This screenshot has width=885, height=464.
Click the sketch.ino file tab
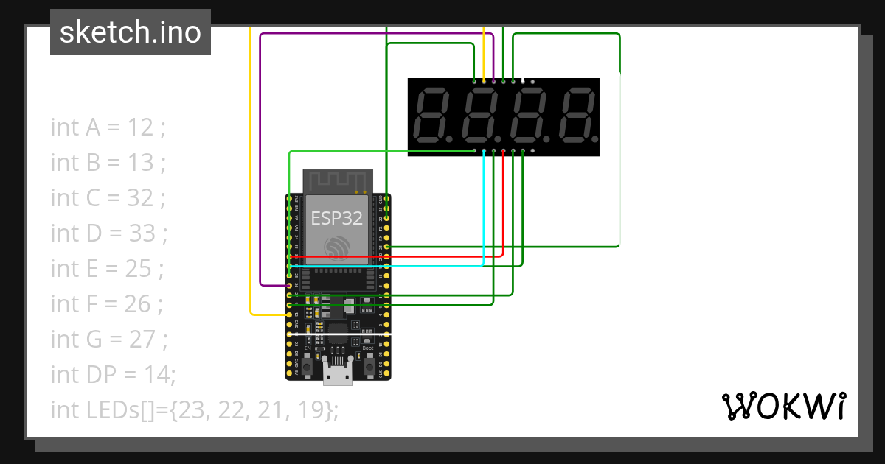click(x=131, y=32)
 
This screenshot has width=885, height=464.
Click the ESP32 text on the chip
click(x=336, y=218)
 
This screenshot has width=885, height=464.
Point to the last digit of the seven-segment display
click(x=576, y=116)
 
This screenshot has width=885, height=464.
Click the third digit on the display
click(x=528, y=116)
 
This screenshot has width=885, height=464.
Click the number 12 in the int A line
click(x=140, y=127)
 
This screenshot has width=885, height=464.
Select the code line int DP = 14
click(x=113, y=375)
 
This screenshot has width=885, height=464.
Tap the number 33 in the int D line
click(x=142, y=233)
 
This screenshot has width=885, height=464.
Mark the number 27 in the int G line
click(x=142, y=340)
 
